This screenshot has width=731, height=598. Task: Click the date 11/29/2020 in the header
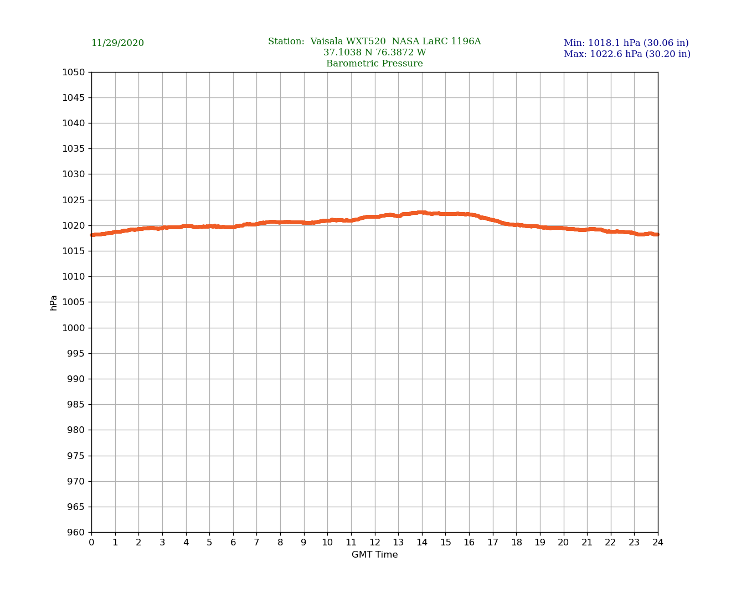pyautogui.click(x=117, y=43)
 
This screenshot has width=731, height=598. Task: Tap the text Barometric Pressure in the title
pyautogui.click(x=374, y=64)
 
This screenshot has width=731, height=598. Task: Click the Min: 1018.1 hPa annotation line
pyautogui.click(x=626, y=43)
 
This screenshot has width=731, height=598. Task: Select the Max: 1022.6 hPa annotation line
pyautogui.click(x=627, y=54)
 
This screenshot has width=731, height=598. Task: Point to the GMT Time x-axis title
pyautogui.click(x=374, y=555)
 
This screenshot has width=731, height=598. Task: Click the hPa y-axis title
pyautogui.click(x=54, y=302)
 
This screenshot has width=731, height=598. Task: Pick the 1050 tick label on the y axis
pyautogui.click(x=73, y=72)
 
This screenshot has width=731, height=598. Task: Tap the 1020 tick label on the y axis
pyautogui.click(x=73, y=225)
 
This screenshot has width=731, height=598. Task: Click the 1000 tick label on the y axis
pyautogui.click(x=73, y=328)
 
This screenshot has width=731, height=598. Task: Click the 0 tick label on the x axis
pyautogui.click(x=91, y=543)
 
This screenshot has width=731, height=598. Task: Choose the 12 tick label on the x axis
pyautogui.click(x=375, y=543)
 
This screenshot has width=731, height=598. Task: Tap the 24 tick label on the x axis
pyautogui.click(x=658, y=543)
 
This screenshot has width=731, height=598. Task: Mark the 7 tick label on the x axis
pyautogui.click(x=256, y=543)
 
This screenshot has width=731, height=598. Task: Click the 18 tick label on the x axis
pyautogui.click(x=516, y=543)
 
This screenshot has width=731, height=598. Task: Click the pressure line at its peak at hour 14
pyautogui.click(x=422, y=212)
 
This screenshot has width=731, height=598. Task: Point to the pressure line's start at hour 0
pyautogui.click(x=92, y=235)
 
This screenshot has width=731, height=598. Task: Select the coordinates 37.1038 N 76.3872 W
pyautogui.click(x=374, y=53)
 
